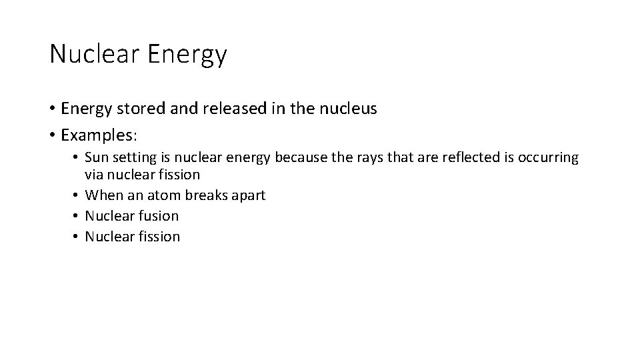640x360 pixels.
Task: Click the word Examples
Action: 97,135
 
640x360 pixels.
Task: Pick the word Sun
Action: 97,157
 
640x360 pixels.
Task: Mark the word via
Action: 94,175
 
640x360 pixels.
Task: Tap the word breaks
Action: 203,195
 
